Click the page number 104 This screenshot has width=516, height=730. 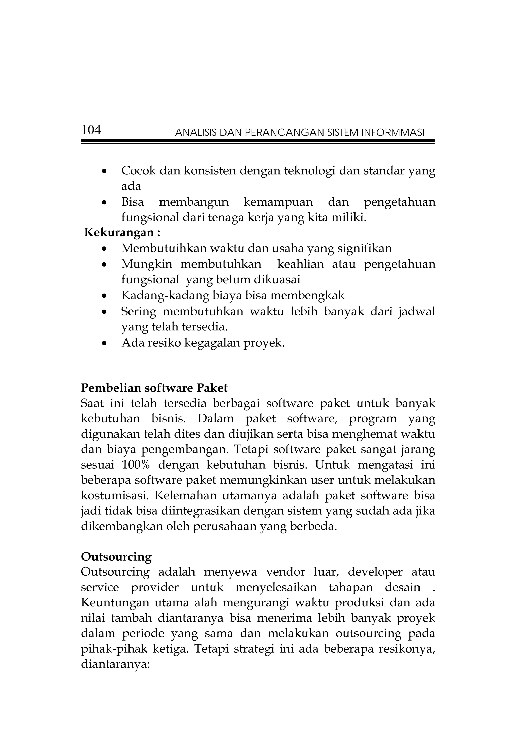coord(91,130)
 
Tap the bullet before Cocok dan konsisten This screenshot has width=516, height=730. coord(104,172)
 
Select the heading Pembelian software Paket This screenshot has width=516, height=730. coord(154,388)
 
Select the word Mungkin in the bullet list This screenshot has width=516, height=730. coord(147,264)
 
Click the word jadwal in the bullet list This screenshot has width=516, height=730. coord(416,311)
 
